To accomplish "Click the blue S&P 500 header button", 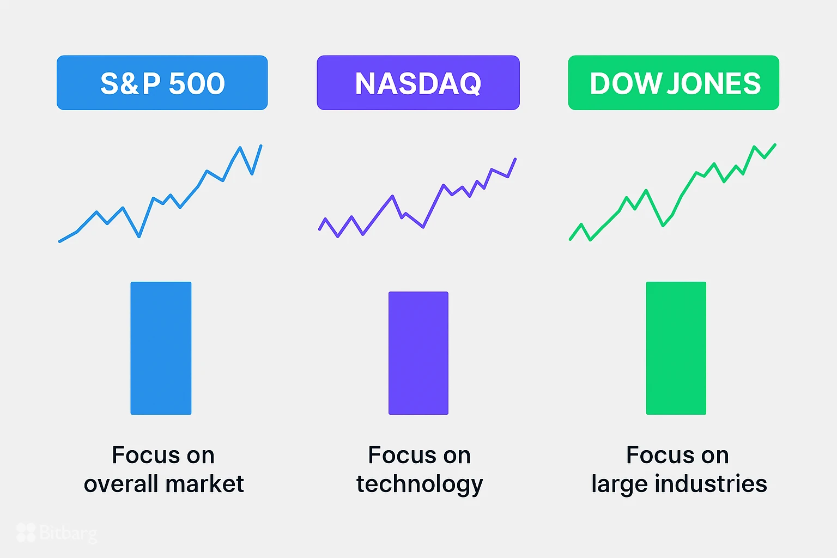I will click(162, 83).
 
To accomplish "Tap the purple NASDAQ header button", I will click(418, 83).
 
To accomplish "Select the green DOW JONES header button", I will click(674, 83).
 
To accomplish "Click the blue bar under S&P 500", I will click(161, 348).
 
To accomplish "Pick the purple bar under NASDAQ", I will click(418, 353).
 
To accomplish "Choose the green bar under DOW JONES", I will click(676, 348).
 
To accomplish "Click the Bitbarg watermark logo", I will click(57, 532).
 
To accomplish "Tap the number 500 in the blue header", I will click(197, 83).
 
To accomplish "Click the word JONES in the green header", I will click(714, 83).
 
